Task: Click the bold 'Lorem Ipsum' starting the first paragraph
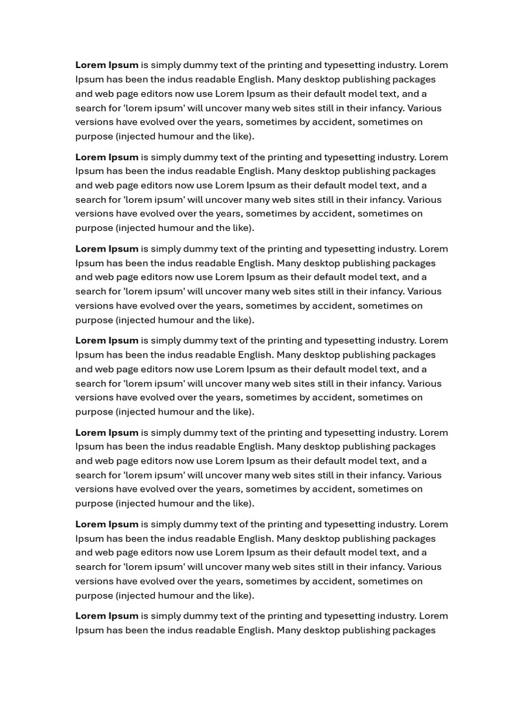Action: [x=107, y=65]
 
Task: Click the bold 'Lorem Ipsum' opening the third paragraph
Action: [x=107, y=249]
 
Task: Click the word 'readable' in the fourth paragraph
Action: [x=213, y=355]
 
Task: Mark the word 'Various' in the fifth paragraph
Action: [x=424, y=475]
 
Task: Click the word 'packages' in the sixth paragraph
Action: [x=415, y=538]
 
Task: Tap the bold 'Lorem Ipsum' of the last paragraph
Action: [x=107, y=616]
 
